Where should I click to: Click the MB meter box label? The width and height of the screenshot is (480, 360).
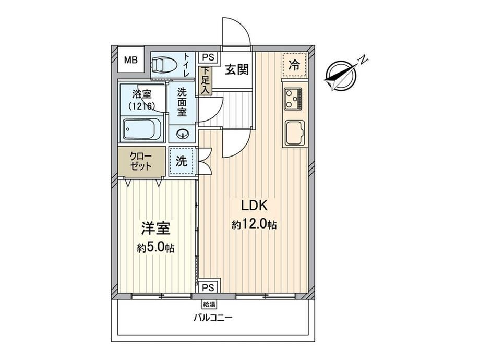click(131, 60)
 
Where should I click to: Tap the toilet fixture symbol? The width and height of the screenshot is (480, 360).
click(164, 65)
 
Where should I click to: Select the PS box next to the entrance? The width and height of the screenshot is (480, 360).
click(209, 57)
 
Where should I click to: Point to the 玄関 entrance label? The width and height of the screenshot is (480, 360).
click(237, 70)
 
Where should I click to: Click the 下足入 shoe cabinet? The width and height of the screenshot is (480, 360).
click(206, 80)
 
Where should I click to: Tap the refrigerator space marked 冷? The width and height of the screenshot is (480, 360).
click(294, 65)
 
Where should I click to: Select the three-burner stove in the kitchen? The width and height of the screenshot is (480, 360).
click(294, 99)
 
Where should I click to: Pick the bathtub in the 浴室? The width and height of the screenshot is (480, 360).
click(142, 129)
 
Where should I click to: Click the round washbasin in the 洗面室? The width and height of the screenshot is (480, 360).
click(183, 134)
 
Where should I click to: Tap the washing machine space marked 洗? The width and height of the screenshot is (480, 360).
click(182, 161)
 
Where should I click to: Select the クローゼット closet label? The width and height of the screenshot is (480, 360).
click(141, 162)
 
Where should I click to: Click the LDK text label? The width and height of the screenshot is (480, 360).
click(255, 206)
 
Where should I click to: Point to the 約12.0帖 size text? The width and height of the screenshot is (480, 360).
click(255, 225)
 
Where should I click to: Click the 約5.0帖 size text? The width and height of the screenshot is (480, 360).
click(155, 247)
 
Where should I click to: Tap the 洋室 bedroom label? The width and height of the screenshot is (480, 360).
click(155, 229)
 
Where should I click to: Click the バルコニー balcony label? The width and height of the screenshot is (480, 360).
click(213, 318)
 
